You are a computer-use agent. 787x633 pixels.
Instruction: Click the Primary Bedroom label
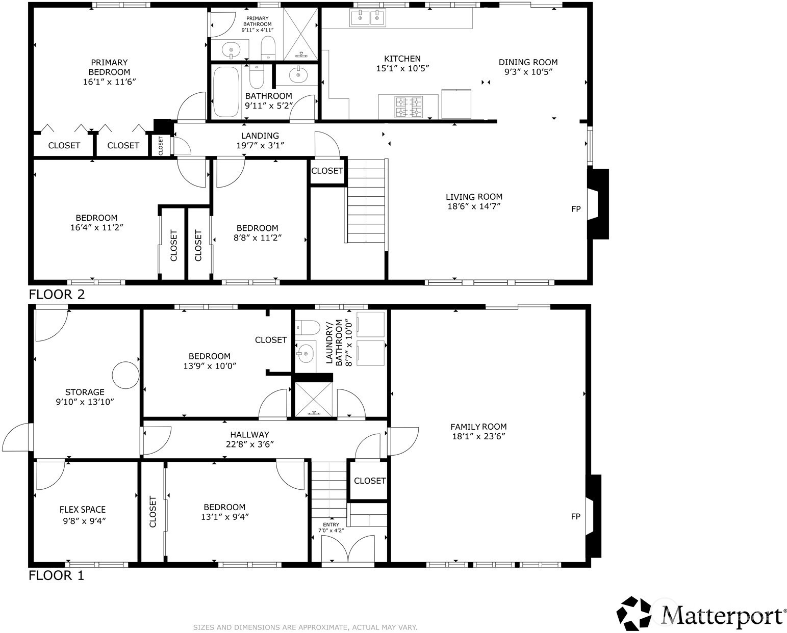click(109, 67)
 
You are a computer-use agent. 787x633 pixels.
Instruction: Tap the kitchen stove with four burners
click(409, 107)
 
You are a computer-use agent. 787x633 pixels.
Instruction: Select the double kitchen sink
click(367, 18)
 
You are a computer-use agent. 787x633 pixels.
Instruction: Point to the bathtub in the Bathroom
click(226, 91)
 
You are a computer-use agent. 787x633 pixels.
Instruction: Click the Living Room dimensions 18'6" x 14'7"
click(474, 206)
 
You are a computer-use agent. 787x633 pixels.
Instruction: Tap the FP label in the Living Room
click(576, 209)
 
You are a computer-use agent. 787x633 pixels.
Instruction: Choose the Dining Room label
click(528, 62)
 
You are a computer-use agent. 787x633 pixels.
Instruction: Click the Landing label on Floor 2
click(260, 136)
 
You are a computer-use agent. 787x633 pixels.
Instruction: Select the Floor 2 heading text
click(57, 294)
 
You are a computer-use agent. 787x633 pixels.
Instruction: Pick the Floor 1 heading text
click(56, 575)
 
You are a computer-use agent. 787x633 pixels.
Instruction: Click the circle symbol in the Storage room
click(125, 375)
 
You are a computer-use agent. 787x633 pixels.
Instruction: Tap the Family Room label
click(478, 427)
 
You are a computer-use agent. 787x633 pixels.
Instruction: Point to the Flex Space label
click(83, 510)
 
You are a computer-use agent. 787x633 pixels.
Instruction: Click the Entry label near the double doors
click(331, 524)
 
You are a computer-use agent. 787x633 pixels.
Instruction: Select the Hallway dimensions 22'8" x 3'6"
click(250, 444)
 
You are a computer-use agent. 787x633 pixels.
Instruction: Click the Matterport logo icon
click(634, 614)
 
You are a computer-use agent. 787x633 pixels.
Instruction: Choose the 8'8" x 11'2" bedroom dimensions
click(258, 238)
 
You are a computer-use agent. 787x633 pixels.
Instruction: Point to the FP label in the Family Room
click(576, 516)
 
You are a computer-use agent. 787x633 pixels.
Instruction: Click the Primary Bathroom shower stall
click(300, 34)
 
